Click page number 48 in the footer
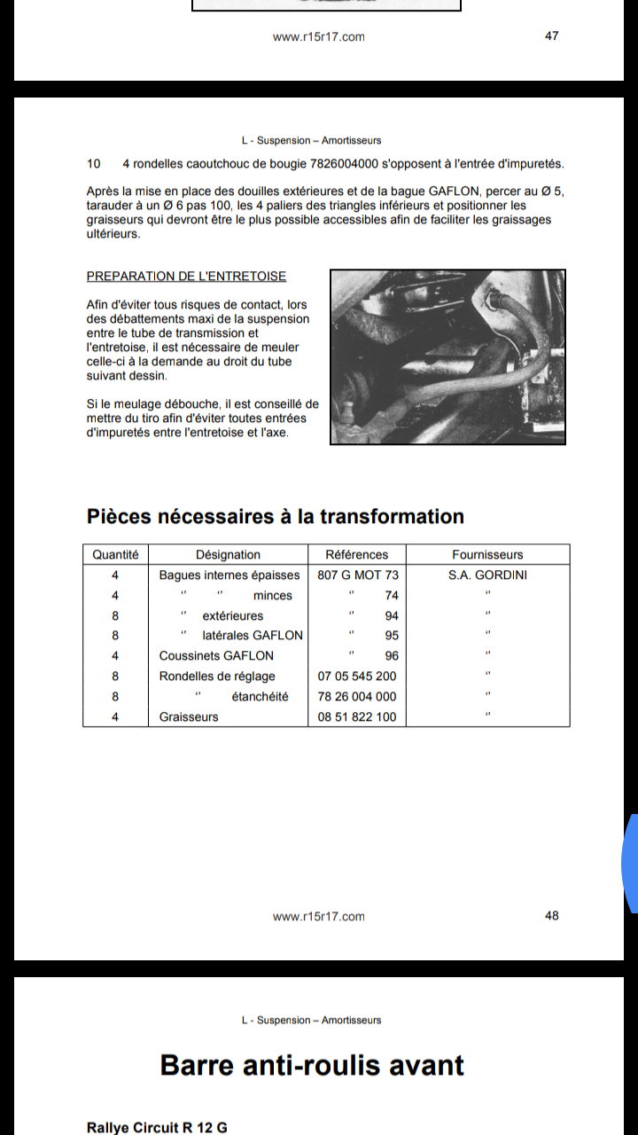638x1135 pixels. [x=551, y=916]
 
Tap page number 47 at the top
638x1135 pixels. [x=551, y=36]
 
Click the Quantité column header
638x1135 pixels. [x=115, y=555]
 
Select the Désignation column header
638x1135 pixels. [x=228, y=555]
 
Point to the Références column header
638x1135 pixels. [x=356, y=555]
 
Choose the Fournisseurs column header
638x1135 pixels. [x=487, y=555]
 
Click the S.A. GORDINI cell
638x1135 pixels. [x=487, y=575]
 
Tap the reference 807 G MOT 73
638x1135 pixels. [x=358, y=575]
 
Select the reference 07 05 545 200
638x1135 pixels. [x=357, y=677]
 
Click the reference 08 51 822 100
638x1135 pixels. [x=357, y=717]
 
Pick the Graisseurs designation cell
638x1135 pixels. [x=189, y=717]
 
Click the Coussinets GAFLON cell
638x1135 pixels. [x=216, y=655]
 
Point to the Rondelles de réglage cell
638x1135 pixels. [x=217, y=677]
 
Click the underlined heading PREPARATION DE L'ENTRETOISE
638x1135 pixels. [x=186, y=276]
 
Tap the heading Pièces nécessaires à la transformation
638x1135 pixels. [x=276, y=516]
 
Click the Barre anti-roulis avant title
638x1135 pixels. [x=312, y=1065]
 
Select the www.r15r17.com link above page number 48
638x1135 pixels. [x=318, y=917]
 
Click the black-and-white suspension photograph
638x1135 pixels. [x=447, y=357]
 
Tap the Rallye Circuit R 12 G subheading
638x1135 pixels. [x=157, y=1128]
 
